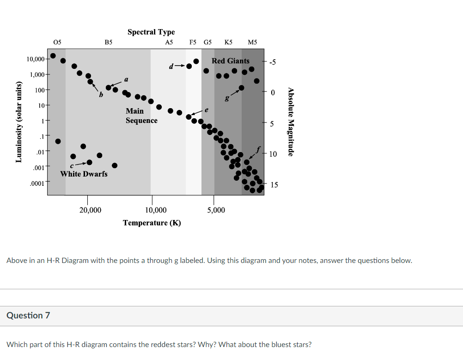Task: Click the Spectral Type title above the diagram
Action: (x=151, y=32)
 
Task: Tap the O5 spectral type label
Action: (x=57, y=42)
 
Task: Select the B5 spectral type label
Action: (x=108, y=42)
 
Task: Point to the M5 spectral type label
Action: (x=252, y=42)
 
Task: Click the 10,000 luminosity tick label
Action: (x=35, y=59)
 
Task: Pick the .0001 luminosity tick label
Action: (x=37, y=183)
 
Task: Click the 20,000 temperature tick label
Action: (x=90, y=210)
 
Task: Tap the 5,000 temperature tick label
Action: (x=216, y=210)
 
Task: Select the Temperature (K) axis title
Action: (x=152, y=223)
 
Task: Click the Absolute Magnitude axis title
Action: (x=290, y=122)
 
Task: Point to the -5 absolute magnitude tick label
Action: (x=273, y=62)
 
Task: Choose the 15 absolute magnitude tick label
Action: (x=274, y=185)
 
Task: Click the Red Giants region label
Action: (x=231, y=61)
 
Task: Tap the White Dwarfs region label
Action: (x=84, y=174)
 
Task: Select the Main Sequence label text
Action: (x=141, y=116)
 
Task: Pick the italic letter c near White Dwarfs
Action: (x=72, y=165)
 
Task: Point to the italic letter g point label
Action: (x=226, y=98)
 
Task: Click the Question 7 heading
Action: (x=28, y=315)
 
